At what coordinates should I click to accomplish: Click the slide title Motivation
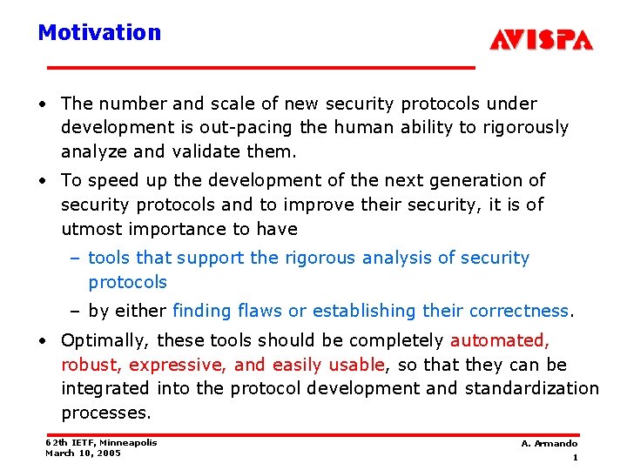(99, 33)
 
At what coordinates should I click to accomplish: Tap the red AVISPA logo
(541, 40)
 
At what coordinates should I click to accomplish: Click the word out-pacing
(252, 128)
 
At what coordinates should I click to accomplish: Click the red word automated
(499, 340)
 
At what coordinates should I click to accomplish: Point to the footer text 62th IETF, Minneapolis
(101, 442)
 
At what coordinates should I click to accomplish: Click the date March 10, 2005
(83, 453)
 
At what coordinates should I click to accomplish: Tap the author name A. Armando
(549, 444)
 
